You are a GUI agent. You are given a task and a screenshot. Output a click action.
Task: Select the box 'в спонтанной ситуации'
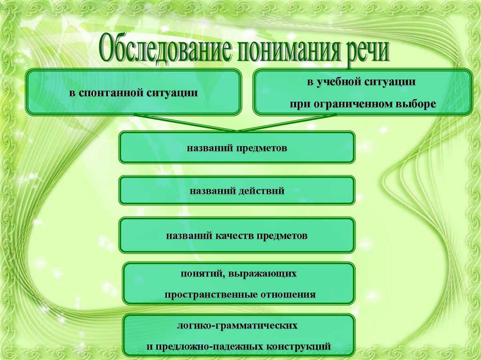click(133, 92)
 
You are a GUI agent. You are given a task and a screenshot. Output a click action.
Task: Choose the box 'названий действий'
click(237, 191)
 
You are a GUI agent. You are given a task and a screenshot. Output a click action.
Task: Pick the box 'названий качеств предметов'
click(237, 235)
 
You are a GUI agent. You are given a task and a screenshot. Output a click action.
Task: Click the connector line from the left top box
click(183, 123)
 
